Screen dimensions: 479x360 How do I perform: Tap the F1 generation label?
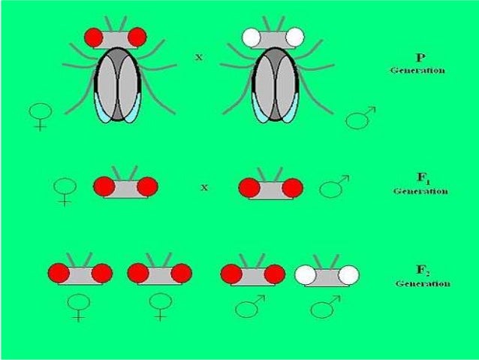pos(420,185)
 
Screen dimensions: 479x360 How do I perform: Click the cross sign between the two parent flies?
pos(198,57)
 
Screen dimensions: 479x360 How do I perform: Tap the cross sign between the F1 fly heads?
pos(203,186)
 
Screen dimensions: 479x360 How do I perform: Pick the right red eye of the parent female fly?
pos(137,35)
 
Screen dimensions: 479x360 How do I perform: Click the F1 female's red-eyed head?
pos(125,186)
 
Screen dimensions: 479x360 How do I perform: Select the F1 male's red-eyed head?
pos(270,187)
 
